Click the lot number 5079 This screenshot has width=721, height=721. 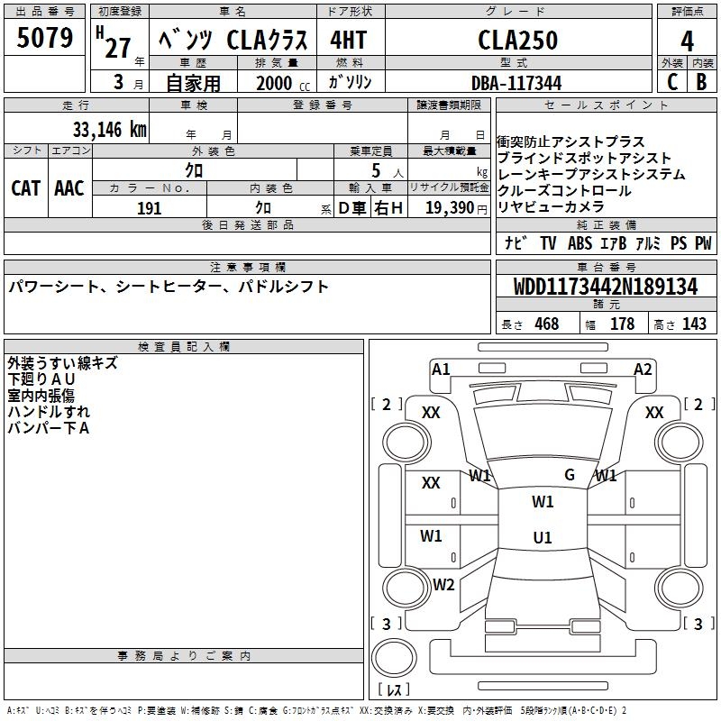click(44, 38)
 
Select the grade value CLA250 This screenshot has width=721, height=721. click(517, 40)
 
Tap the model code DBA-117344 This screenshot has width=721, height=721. click(516, 83)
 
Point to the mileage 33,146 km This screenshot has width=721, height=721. click(109, 130)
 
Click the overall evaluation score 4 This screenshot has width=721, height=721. click(687, 41)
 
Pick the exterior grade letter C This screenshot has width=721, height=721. click(671, 82)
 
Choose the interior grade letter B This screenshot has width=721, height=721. click(701, 82)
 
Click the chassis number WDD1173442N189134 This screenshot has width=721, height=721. click(606, 287)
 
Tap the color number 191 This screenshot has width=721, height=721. click(149, 208)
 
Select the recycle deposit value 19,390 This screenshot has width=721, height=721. click(449, 208)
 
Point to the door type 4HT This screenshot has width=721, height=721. click(348, 40)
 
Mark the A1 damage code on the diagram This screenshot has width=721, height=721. click(441, 370)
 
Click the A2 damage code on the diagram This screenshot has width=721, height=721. click(643, 370)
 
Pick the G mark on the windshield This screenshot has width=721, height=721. click(570, 475)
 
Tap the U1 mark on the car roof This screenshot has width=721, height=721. click(543, 537)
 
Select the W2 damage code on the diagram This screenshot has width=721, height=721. click(443, 585)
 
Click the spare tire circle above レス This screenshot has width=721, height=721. click(394, 658)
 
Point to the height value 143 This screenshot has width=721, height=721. click(694, 324)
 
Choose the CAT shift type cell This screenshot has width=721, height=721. click(25, 188)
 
